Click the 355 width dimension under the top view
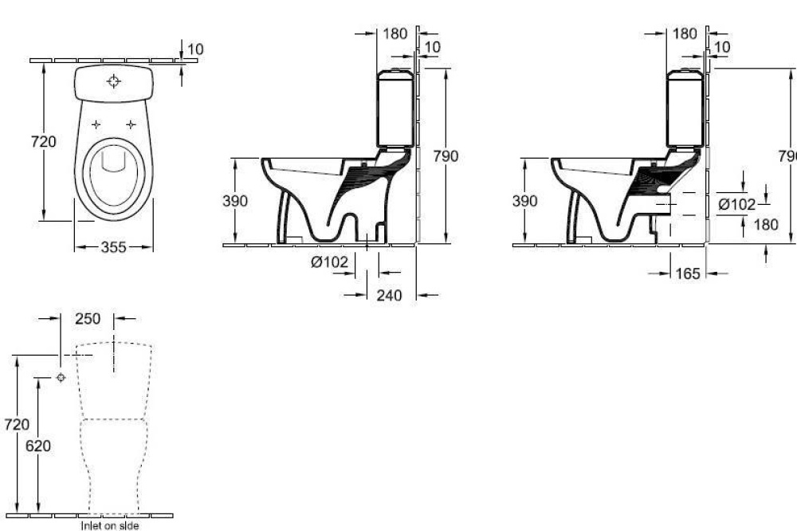coord(114,247)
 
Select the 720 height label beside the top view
coord(44,142)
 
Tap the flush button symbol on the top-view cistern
coord(114,81)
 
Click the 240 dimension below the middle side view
coord(388,296)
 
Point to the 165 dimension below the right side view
coord(687,273)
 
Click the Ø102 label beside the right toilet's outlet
coord(736,204)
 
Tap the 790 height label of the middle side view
coord(446,156)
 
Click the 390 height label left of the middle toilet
coord(234,201)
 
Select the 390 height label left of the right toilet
coord(524,201)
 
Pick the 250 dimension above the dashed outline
coord(88,318)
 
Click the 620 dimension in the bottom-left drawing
coord(37,446)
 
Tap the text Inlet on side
coord(109,525)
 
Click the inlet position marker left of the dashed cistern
coord(61,377)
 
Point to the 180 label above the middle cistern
coord(395,33)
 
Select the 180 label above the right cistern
coord(685,33)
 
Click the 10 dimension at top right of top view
coord(195,49)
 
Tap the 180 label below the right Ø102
coord(765,225)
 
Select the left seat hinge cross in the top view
coord(96,124)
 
